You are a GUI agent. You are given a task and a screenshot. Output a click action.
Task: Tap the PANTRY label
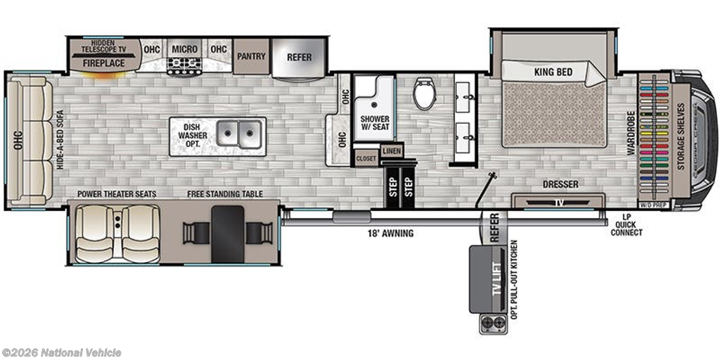[251, 56]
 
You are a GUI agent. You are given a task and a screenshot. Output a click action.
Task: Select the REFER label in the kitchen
[299, 58]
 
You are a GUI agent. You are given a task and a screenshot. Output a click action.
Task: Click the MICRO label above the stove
[185, 49]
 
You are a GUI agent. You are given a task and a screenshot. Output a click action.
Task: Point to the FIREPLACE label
[104, 63]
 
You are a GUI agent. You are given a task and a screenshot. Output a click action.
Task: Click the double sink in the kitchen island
[239, 134]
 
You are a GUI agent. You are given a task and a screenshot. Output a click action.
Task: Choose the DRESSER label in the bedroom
[560, 185]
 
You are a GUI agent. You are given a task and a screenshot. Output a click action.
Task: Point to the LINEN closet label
[391, 150]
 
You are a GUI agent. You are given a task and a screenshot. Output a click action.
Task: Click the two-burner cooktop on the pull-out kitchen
[491, 323]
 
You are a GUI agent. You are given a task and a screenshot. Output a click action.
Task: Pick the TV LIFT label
[495, 278]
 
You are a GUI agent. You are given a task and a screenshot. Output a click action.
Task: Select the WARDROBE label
[631, 133]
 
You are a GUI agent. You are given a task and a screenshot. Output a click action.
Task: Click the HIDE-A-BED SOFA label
[60, 140]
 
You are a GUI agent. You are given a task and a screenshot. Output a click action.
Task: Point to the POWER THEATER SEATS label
[117, 194]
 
